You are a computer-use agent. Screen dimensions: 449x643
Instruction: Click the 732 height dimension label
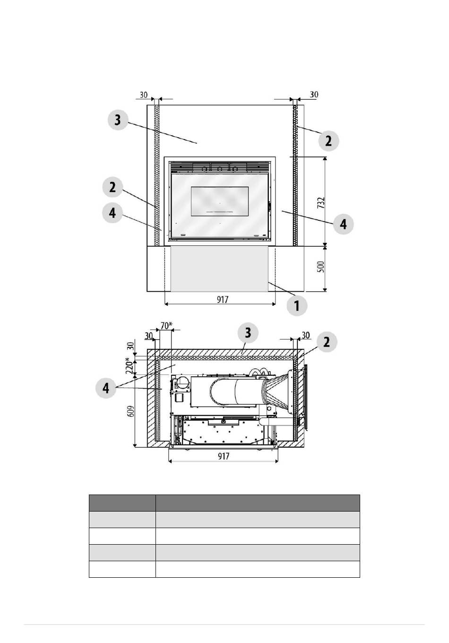point(321,203)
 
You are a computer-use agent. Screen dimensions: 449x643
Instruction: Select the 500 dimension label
point(321,267)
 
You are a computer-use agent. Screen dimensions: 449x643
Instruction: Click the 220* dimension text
point(130,366)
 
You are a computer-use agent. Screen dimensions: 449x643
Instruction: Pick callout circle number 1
point(297,305)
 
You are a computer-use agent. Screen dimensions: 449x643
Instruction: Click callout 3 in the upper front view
point(118,120)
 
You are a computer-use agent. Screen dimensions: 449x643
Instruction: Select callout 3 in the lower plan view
point(248,333)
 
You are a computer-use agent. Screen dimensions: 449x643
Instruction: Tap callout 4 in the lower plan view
point(106,388)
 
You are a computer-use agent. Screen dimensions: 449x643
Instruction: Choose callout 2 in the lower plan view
point(327,342)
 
